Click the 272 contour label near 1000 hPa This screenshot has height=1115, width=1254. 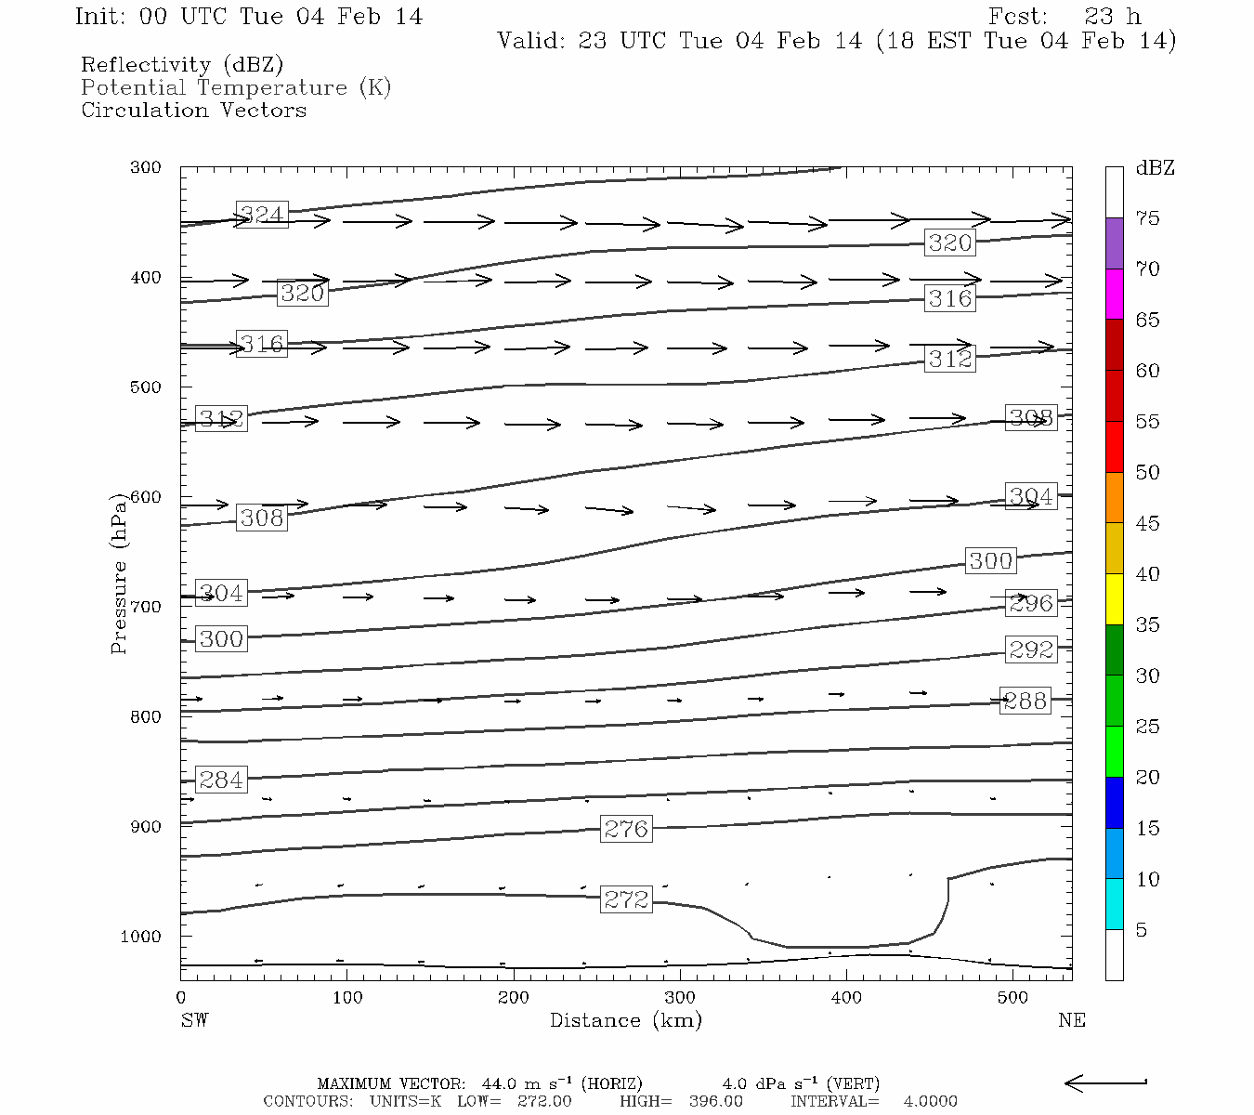[x=626, y=899]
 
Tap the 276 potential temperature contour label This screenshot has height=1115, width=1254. [x=626, y=829]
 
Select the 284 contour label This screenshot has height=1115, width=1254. [x=221, y=780]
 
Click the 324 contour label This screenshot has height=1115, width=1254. [x=262, y=215]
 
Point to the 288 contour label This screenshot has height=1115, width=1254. [x=1025, y=701]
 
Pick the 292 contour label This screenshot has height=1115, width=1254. [x=1031, y=649]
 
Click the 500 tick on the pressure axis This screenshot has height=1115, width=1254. [x=146, y=387]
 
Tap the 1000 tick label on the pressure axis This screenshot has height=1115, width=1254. [x=141, y=936]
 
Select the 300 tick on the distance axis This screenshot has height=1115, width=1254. [x=680, y=998]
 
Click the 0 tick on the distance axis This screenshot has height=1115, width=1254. [x=181, y=998]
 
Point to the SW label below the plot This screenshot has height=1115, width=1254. [x=194, y=1020]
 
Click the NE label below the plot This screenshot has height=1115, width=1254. [x=1071, y=1020]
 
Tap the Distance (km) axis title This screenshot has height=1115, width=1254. [x=625, y=1020]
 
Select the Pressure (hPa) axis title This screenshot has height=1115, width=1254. [x=119, y=573]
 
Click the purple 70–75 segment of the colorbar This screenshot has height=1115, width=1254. [x=1115, y=243]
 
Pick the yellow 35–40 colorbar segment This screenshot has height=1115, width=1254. [x=1115, y=599]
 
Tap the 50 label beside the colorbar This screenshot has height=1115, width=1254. [x=1147, y=472]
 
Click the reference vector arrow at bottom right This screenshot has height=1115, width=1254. [x=1105, y=1082]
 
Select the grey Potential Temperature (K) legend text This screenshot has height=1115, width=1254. [x=236, y=87]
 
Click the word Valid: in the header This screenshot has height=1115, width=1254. [x=530, y=41]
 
